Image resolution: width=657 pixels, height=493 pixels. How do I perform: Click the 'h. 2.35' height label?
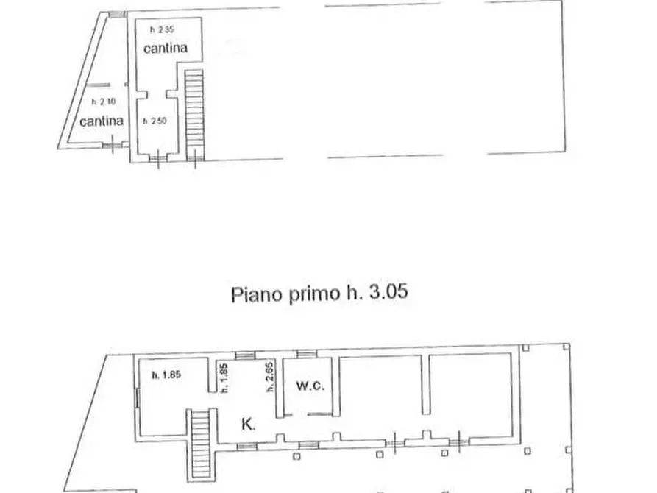(162, 30)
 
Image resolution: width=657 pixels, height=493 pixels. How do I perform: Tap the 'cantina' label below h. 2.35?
(165, 49)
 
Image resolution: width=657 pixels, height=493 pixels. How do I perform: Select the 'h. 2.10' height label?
(101, 102)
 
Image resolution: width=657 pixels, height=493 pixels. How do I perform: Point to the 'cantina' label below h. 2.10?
(101, 121)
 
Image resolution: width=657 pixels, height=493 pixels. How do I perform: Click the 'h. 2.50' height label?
(155, 121)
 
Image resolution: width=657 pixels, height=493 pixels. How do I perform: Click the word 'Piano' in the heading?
(254, 294)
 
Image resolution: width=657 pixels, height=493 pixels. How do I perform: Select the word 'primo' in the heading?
(310, 295)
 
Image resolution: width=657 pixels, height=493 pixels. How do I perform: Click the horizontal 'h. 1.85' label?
(166, 375)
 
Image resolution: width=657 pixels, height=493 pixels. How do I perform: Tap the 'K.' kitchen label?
(249, 423)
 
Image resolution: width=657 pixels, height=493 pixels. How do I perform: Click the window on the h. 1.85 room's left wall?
(135, 398)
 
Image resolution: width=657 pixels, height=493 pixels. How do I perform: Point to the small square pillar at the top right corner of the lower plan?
(564, 347)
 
